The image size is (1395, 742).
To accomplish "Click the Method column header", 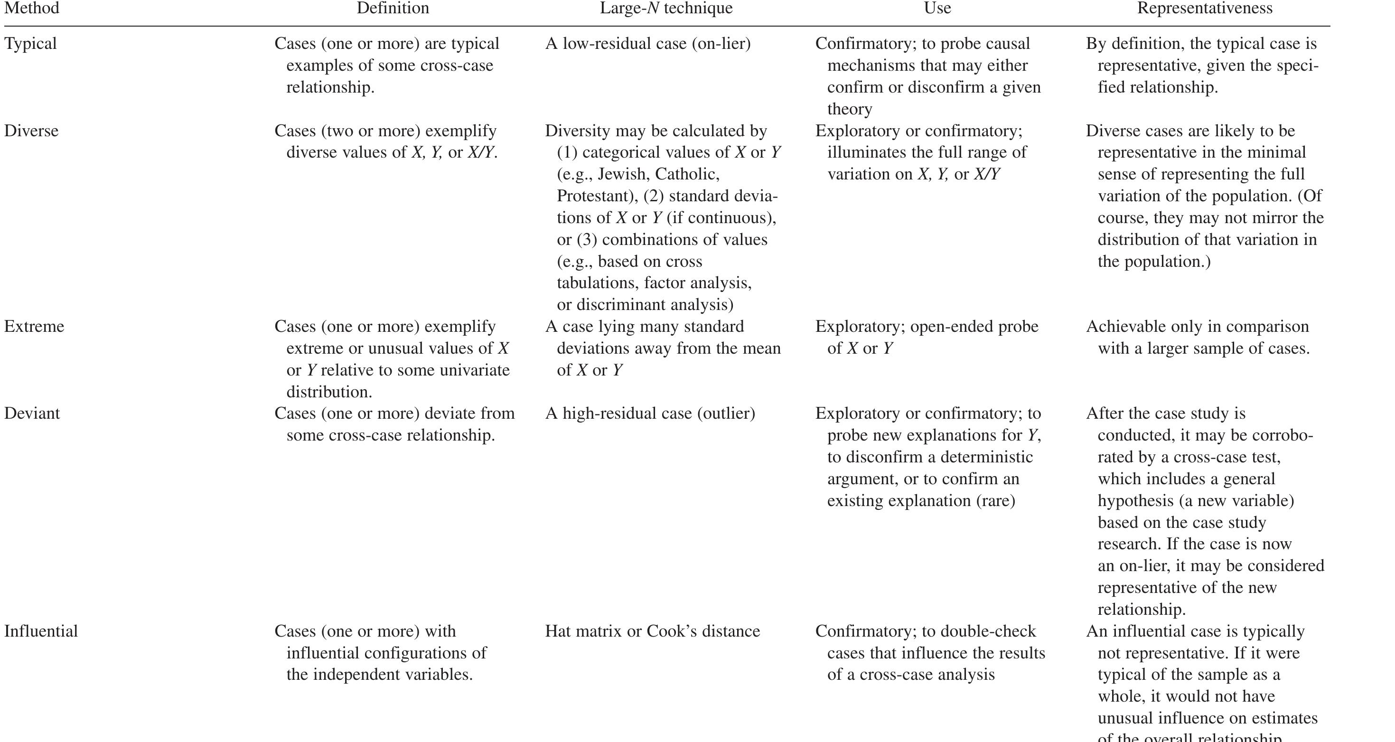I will [x=31, y=8].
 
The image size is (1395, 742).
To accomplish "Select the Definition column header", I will [x=393, y=8].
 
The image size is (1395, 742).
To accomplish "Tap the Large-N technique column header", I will [x=665, y=8].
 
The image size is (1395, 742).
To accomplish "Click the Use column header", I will [x=937, y=8].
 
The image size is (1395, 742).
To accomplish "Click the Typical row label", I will [x=30, y=43].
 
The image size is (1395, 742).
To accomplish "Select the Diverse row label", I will [x=31, y=131].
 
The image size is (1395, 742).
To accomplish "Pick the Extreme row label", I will [x=34, y=326].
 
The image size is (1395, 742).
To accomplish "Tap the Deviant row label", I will [x=32, y=413].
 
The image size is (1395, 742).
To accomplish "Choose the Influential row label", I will [x=41, y=631].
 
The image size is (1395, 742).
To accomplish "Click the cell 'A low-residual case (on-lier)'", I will [x=648, y=43].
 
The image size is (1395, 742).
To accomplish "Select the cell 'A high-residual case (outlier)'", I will [x=650, y=413].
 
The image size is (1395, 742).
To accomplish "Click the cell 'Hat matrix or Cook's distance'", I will [x=653, y=631].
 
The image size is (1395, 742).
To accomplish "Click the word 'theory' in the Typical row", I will [x=850, y=109].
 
